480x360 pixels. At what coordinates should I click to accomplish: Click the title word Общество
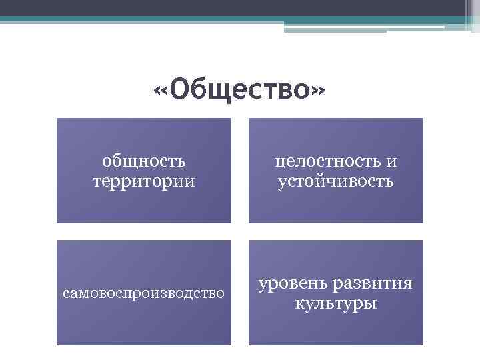(x=240, y=89)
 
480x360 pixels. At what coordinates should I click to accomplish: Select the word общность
(x=143, y=161)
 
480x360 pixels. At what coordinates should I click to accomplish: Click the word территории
(x=143, y=181)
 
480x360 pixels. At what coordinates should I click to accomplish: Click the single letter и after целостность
(x=392, y=161)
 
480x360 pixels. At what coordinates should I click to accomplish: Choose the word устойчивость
(x=335, y=181)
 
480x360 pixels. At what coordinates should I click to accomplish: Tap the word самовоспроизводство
(x=143, y=293)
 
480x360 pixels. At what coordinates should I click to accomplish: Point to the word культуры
(x=335, y=304)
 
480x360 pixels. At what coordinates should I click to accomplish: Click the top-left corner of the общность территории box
(x=57, y=119)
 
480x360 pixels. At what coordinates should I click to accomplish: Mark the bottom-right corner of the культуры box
(x=423, y=344)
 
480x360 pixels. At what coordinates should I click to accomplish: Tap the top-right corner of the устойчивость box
(x=423, y=119)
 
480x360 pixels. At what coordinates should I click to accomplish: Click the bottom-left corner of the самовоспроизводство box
(x=57, y=344)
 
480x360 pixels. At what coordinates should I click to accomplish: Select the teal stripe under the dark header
(x=133, y=20)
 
